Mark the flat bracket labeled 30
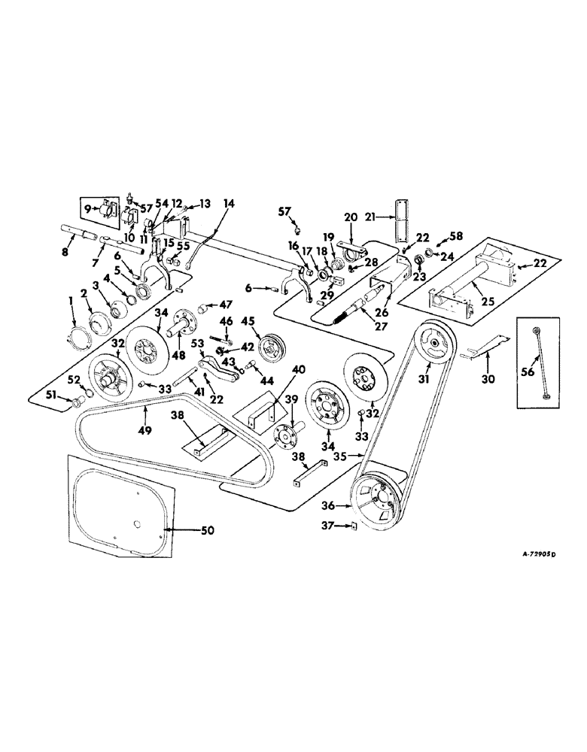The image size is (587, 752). (x=478, y=351)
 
